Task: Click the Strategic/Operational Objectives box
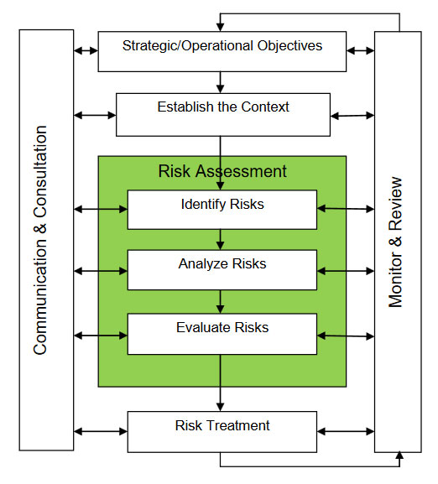click(x=222, y=51)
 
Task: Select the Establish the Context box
click(x=223, y=115)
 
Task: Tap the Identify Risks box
click(x=222, y=210)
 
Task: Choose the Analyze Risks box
click(x=222, y=270)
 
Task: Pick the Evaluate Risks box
click(x=222, y=334)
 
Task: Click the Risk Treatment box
click(x=222, y=432)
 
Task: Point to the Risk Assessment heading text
click(x=222, y=171)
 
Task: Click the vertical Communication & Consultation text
click(x=40, y=240)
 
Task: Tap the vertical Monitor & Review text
click(x=395, y=242)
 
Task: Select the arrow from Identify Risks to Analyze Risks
click(x=220, y=240)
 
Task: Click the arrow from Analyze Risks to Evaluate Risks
click(x=220, y=302)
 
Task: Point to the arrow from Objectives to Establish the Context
click(x=220, y=82)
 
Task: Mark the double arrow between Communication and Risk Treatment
click(x=101, y=431)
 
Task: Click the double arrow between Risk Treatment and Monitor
click(x=346, y=431)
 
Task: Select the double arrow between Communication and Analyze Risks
click(x=101, y=271)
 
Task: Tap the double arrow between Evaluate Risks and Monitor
click(x=346, y=336)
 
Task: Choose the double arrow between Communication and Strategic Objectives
click(x=86, y=50)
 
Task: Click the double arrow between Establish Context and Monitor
click(x=352, y=116)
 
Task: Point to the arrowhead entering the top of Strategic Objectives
click(x=220, y=27)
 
